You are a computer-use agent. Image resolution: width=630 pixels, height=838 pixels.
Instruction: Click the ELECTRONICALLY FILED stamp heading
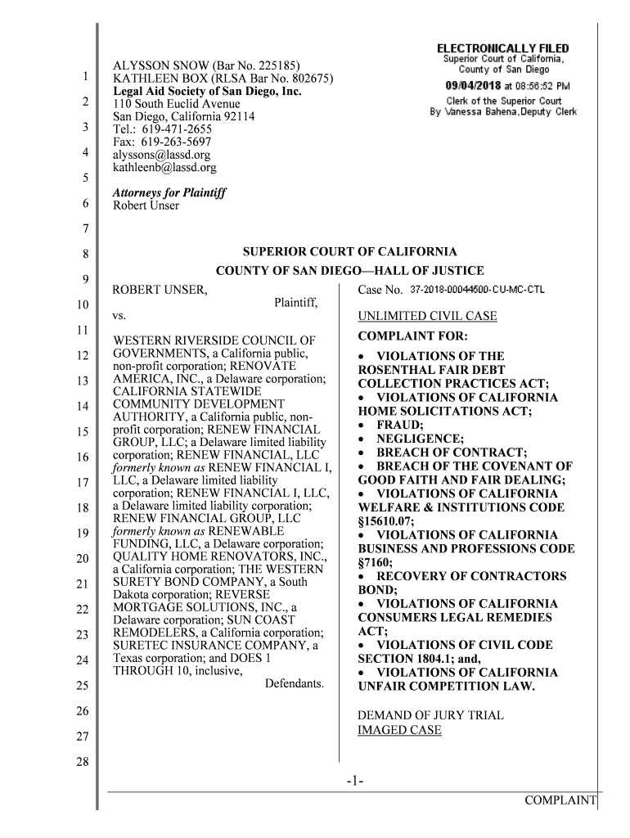tap(503, 49)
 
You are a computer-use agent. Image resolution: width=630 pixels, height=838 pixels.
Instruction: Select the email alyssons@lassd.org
tap(161, 155)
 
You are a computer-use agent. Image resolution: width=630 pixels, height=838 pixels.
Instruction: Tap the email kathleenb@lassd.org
tap(164, 168)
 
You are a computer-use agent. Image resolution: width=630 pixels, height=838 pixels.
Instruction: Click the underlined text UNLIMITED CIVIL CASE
tap(427, 317)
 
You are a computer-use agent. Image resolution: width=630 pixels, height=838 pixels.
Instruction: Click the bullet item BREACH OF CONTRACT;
tap(451, 453)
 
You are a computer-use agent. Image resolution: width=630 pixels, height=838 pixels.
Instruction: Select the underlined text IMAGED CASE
tap(399, 729)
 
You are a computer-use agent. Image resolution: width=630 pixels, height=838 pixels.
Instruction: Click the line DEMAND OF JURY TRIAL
tap(430, 715)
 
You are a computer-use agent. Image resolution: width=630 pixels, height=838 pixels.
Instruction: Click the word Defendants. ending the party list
tap(295, 682)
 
